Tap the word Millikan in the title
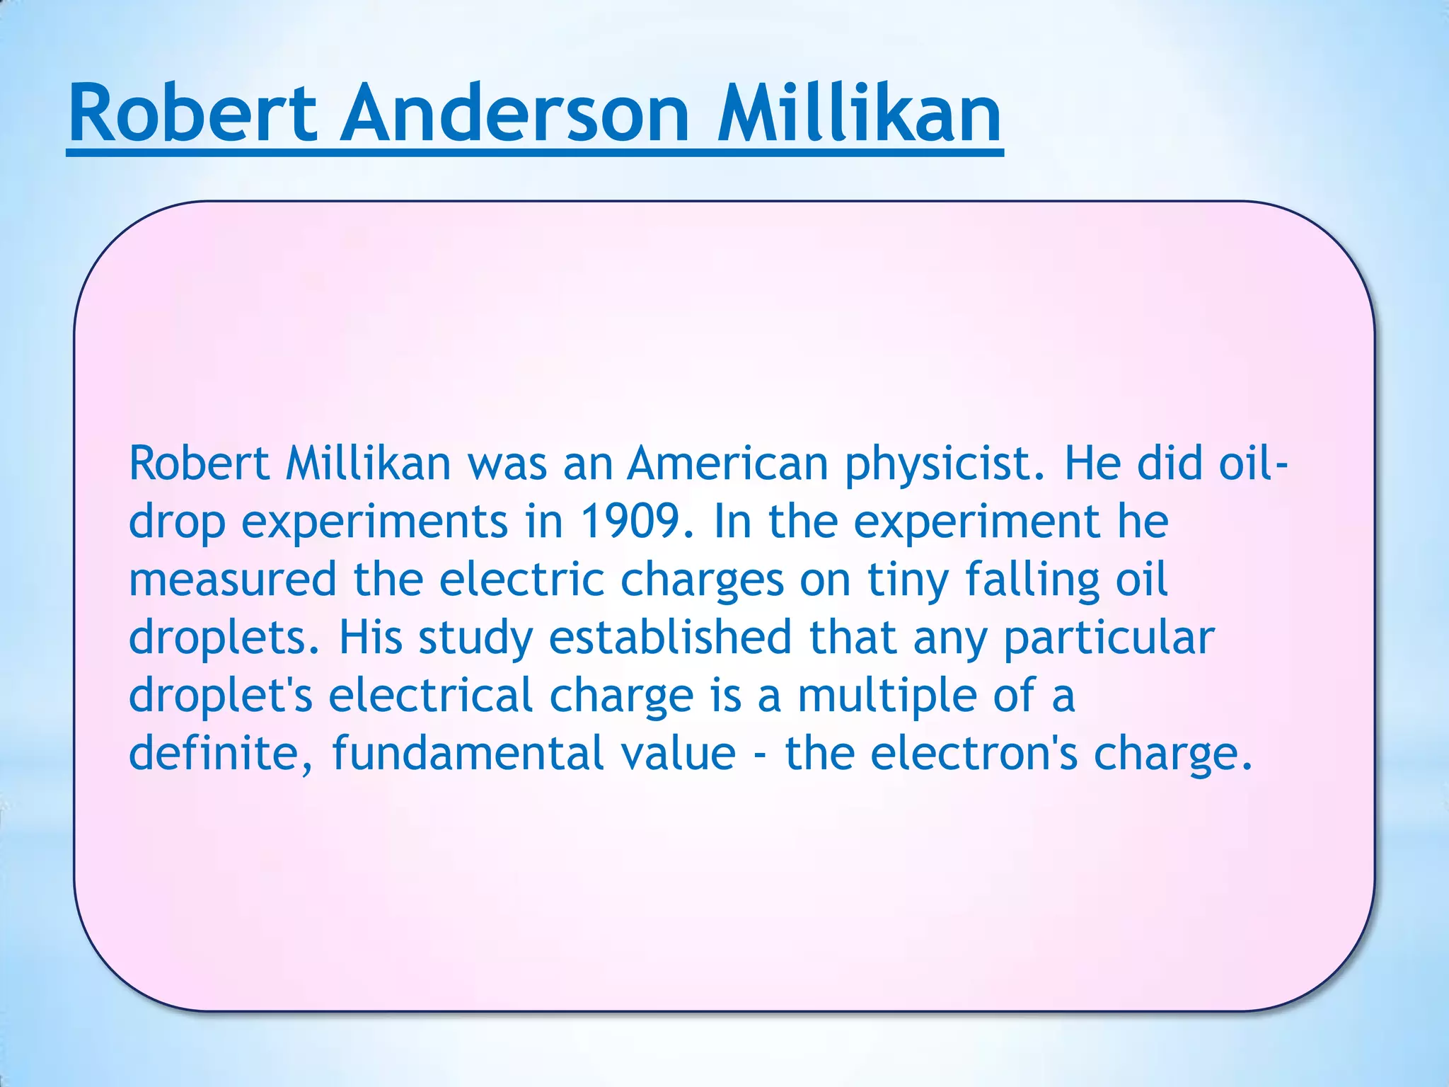click(859, 113)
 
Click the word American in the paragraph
click(728, 464)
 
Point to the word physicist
click(945, 465)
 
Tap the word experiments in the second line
click(374, 523)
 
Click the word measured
click(232, 580)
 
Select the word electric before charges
click(521, 580)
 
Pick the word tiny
click(908, 581)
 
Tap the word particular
click(1109, 638)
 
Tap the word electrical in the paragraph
click(430, 696)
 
